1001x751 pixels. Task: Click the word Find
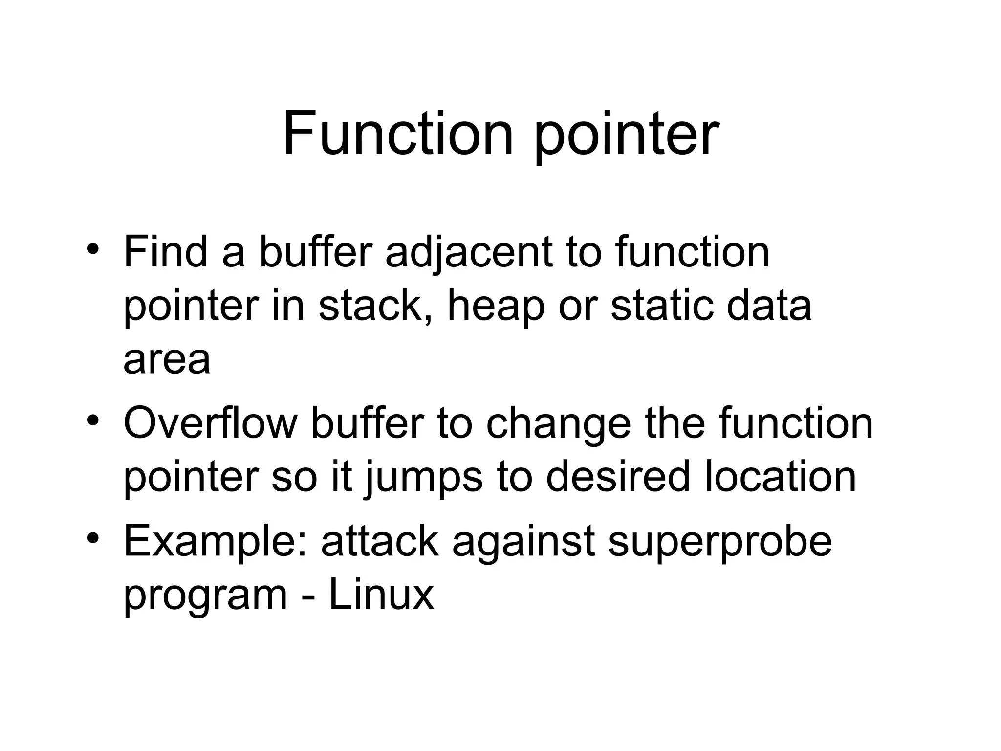tap(166, 252)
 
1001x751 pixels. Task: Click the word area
tap(167, 361)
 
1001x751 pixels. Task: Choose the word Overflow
tap(210, 423)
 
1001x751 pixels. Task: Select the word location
tap(780, 477)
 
